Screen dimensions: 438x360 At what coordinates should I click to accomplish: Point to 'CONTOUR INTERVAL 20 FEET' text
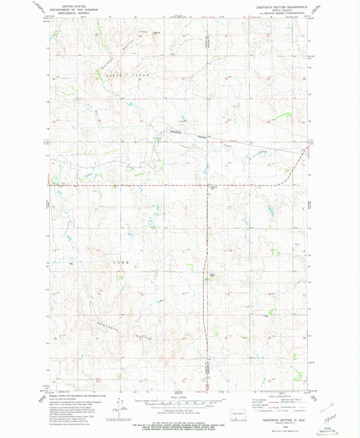tap(179, 412)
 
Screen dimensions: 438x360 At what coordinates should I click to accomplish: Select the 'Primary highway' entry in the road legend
tap(259, 400)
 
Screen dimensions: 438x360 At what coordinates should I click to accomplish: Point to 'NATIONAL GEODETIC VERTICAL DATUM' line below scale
tap(179, 415)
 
